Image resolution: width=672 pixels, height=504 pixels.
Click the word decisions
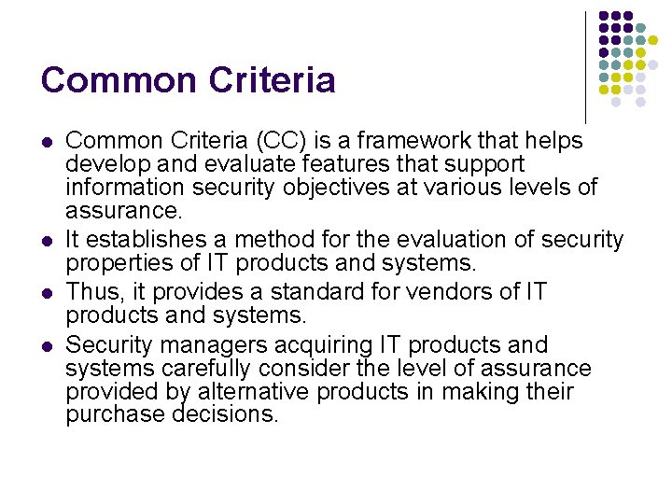pyautogui.click(x=226, y=413)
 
